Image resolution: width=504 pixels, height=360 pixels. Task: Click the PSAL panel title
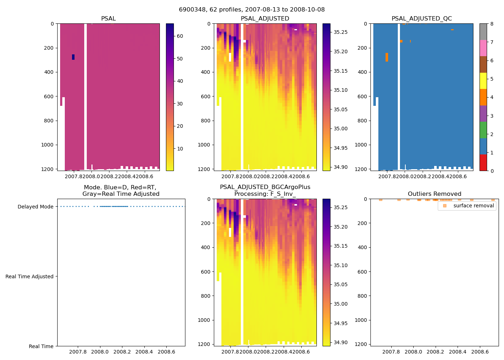tap(108, 19)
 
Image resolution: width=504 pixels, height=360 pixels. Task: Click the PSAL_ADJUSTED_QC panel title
tap(422, 19)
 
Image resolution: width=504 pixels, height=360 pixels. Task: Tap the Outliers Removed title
tap(434, 194)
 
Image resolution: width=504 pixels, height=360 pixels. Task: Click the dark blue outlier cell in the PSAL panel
tap(73, 57)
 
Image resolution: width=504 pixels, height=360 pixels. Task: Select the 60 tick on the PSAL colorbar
tap(180, 36)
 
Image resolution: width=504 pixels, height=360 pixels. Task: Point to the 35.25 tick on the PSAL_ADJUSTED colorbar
tap(340, 32)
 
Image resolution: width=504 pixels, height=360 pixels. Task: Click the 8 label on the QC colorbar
tap(492, 24)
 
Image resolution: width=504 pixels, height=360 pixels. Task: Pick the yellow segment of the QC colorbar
tap(483, 81)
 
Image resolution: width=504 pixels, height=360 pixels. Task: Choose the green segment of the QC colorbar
tap(483, 130)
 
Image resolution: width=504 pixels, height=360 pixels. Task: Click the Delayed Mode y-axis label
tap(35, 207)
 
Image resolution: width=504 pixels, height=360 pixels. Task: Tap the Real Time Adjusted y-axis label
tap(30, 276)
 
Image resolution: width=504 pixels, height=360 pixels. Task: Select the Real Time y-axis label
tap(41, 346)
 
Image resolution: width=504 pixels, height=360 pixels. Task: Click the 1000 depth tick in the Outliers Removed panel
tap(360, 320)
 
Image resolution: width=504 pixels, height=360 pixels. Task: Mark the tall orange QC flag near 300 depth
tap(387, 57)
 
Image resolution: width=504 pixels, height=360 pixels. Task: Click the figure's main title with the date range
tap(252, 9)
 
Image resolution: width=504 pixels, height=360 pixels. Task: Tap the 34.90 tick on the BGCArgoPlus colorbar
tap(340, 342)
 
